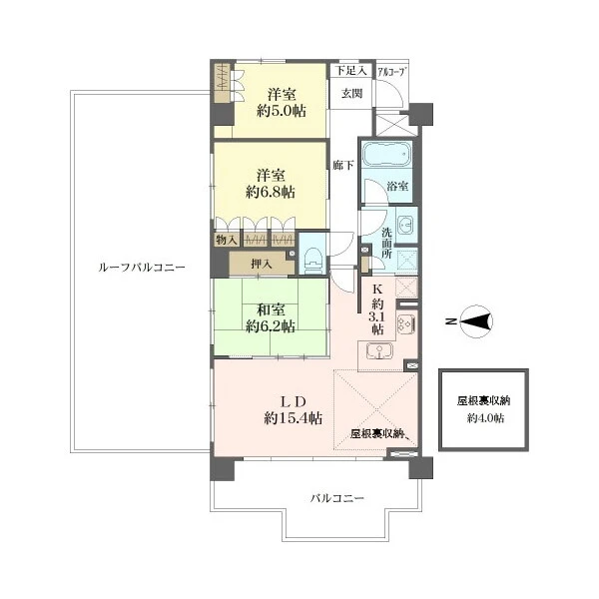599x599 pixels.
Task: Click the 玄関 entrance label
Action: click(x=351, y=94)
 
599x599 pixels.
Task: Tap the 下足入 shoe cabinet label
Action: click(x=351, y=71)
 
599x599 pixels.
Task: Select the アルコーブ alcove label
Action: click(x=392, y=72)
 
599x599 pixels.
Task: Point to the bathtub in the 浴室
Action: click(x=386, y=154)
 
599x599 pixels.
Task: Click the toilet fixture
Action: click(x=312, y=260)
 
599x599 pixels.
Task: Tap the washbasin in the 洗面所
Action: click(x=405, y=225)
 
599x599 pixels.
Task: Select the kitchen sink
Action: click(x=379, y=351)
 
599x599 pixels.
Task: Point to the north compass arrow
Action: click(x=476, y=321)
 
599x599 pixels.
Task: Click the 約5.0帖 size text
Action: click(x=282, y=111)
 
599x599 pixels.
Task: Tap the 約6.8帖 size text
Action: click(x=271, y=192)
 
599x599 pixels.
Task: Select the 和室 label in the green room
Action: click(x=271, y=309)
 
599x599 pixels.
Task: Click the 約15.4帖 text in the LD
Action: click(x=293, y=418)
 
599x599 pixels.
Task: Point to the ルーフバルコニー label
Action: click(x=142, y=267)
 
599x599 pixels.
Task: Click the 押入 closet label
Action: click(x=262, y=264)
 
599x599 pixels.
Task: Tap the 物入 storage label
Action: click(x=227, y=240)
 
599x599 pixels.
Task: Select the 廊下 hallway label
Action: click(x=342, y=165)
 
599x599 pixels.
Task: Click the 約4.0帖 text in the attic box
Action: click(x=485, y=418)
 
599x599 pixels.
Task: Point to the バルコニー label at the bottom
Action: click(x=337, y=498)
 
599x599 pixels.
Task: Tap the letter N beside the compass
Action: click(x=451, y=321)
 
